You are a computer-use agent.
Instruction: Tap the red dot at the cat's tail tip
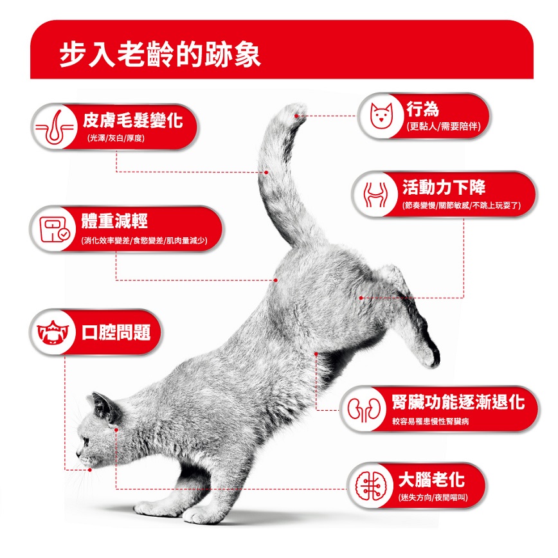point(296,116)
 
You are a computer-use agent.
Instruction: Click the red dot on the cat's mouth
point(90,470)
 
